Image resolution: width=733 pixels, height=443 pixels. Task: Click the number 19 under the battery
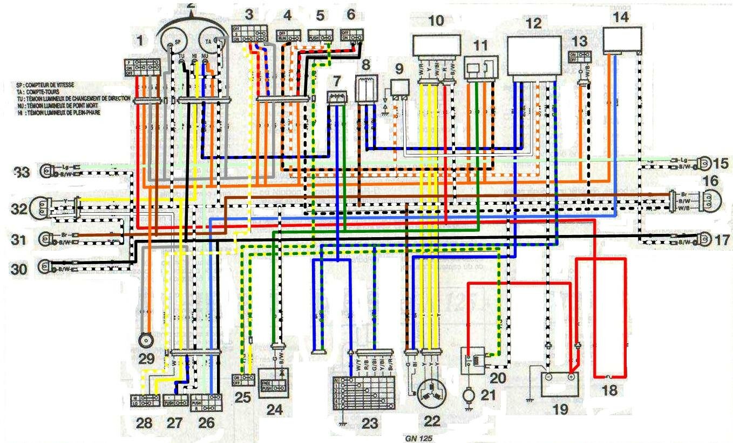(560, 410)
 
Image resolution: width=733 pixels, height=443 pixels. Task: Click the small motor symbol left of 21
(468, 395)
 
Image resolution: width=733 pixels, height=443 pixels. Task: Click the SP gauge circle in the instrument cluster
(172, 42)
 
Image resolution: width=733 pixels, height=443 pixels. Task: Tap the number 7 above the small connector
(337, 81)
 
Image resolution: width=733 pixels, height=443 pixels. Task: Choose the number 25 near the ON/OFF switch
(243, 397)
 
